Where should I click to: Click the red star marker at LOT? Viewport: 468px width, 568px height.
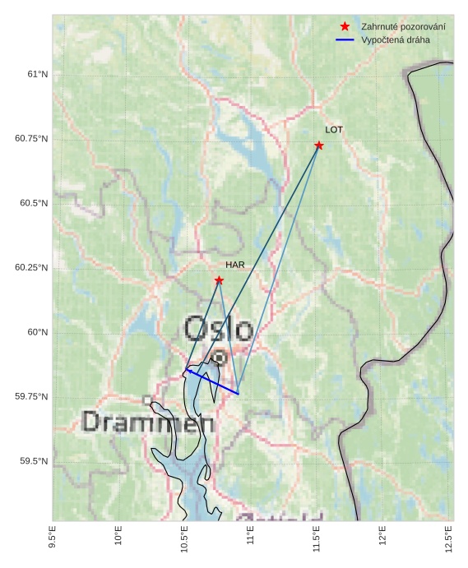coord(319,145)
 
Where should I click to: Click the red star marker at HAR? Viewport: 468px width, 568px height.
coord(219,280)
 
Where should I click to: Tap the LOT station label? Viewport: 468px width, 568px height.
coord(334,130)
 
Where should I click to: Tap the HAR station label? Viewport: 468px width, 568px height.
coord(235,265)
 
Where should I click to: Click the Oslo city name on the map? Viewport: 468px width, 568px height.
coord(218,329)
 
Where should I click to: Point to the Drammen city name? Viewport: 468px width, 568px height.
coord(149,423)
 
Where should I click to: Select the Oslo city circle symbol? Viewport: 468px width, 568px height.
coord(220,358)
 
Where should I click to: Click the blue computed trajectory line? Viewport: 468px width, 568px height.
coord(212,382)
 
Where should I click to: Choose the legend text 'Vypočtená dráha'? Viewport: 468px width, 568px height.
coord(395,39)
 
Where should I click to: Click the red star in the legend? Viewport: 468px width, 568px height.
coord(345,27)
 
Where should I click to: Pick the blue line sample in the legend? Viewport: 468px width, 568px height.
coord(345,39)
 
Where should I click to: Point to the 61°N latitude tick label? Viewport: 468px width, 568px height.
coord(38,74)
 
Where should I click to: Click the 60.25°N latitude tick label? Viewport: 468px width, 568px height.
coord(31,268)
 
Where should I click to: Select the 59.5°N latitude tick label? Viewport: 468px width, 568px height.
coord(34,461)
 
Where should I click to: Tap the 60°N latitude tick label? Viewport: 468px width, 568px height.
coord(38,332)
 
